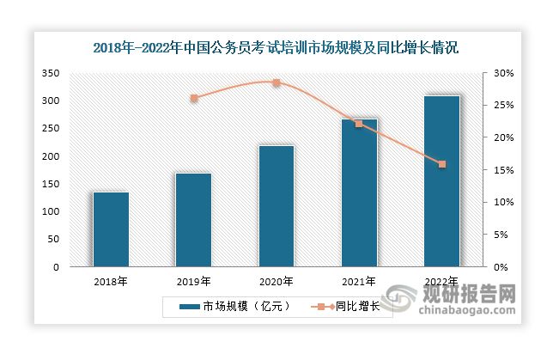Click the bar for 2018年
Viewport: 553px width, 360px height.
(x=111, y=229)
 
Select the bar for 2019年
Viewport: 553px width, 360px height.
(x=193, y=220)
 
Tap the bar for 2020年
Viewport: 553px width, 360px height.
(x=276, y=206)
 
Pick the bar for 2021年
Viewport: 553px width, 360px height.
(x=359, y=192)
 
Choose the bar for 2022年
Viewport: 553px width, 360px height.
(x=442, y=181)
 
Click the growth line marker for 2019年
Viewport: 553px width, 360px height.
(x=194, y=99)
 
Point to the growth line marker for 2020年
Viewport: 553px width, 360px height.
(x=276, y=82)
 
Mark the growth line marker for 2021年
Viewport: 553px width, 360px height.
(x=359, y=124)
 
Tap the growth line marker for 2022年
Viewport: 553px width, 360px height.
(x=442, y=164)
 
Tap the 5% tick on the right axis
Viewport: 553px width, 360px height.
(x=501, y=235)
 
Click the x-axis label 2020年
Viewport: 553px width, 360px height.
(x=276, y=281)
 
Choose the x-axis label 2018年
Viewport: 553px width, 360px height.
(x=111, y=281)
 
